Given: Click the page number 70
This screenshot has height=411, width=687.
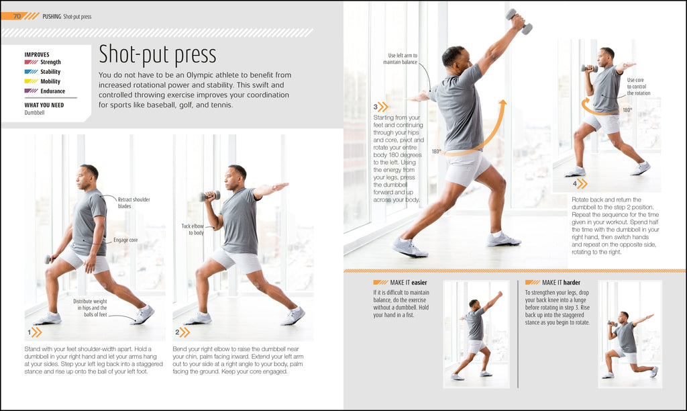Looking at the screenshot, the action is pyautogui.click(x=17, y=16).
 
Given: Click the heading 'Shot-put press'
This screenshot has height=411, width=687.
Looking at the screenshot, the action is pyautogui.click(x=157, y=54).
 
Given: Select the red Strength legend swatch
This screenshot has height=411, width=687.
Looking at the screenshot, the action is pyautogui.click(x=31, y=62).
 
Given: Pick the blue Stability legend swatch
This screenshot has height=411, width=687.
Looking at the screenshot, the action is pyautogui.click(x=31, y=72).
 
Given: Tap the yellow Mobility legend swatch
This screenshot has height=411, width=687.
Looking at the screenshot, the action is pyautogui.click(x=31, y=81).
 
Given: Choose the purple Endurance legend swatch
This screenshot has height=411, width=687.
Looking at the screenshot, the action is pyautogui.click(x=31, y=91).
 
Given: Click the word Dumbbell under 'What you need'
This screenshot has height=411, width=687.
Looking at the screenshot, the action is pyautogui.click(x=35, y=113).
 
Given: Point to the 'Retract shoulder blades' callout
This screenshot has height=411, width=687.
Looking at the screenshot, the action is pyautogui.click(x=134, y=203).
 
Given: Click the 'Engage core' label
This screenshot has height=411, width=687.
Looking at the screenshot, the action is pyautogui.click(x=125, y=240).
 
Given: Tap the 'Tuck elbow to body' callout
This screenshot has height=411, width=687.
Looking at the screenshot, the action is pyautogui.click(x=193, y=230).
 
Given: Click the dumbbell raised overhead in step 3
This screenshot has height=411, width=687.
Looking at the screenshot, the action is pyautogui.click(x=519, y=21).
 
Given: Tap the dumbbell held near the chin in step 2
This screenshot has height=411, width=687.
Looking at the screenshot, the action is pyautogui.click(x=210, y=195).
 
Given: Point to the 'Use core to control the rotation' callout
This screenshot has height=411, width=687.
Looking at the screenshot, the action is pyautogui.click(x=639, y=87).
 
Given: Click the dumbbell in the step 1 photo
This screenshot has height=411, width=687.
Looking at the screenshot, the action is pyautogui.click(x=48, y=260).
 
